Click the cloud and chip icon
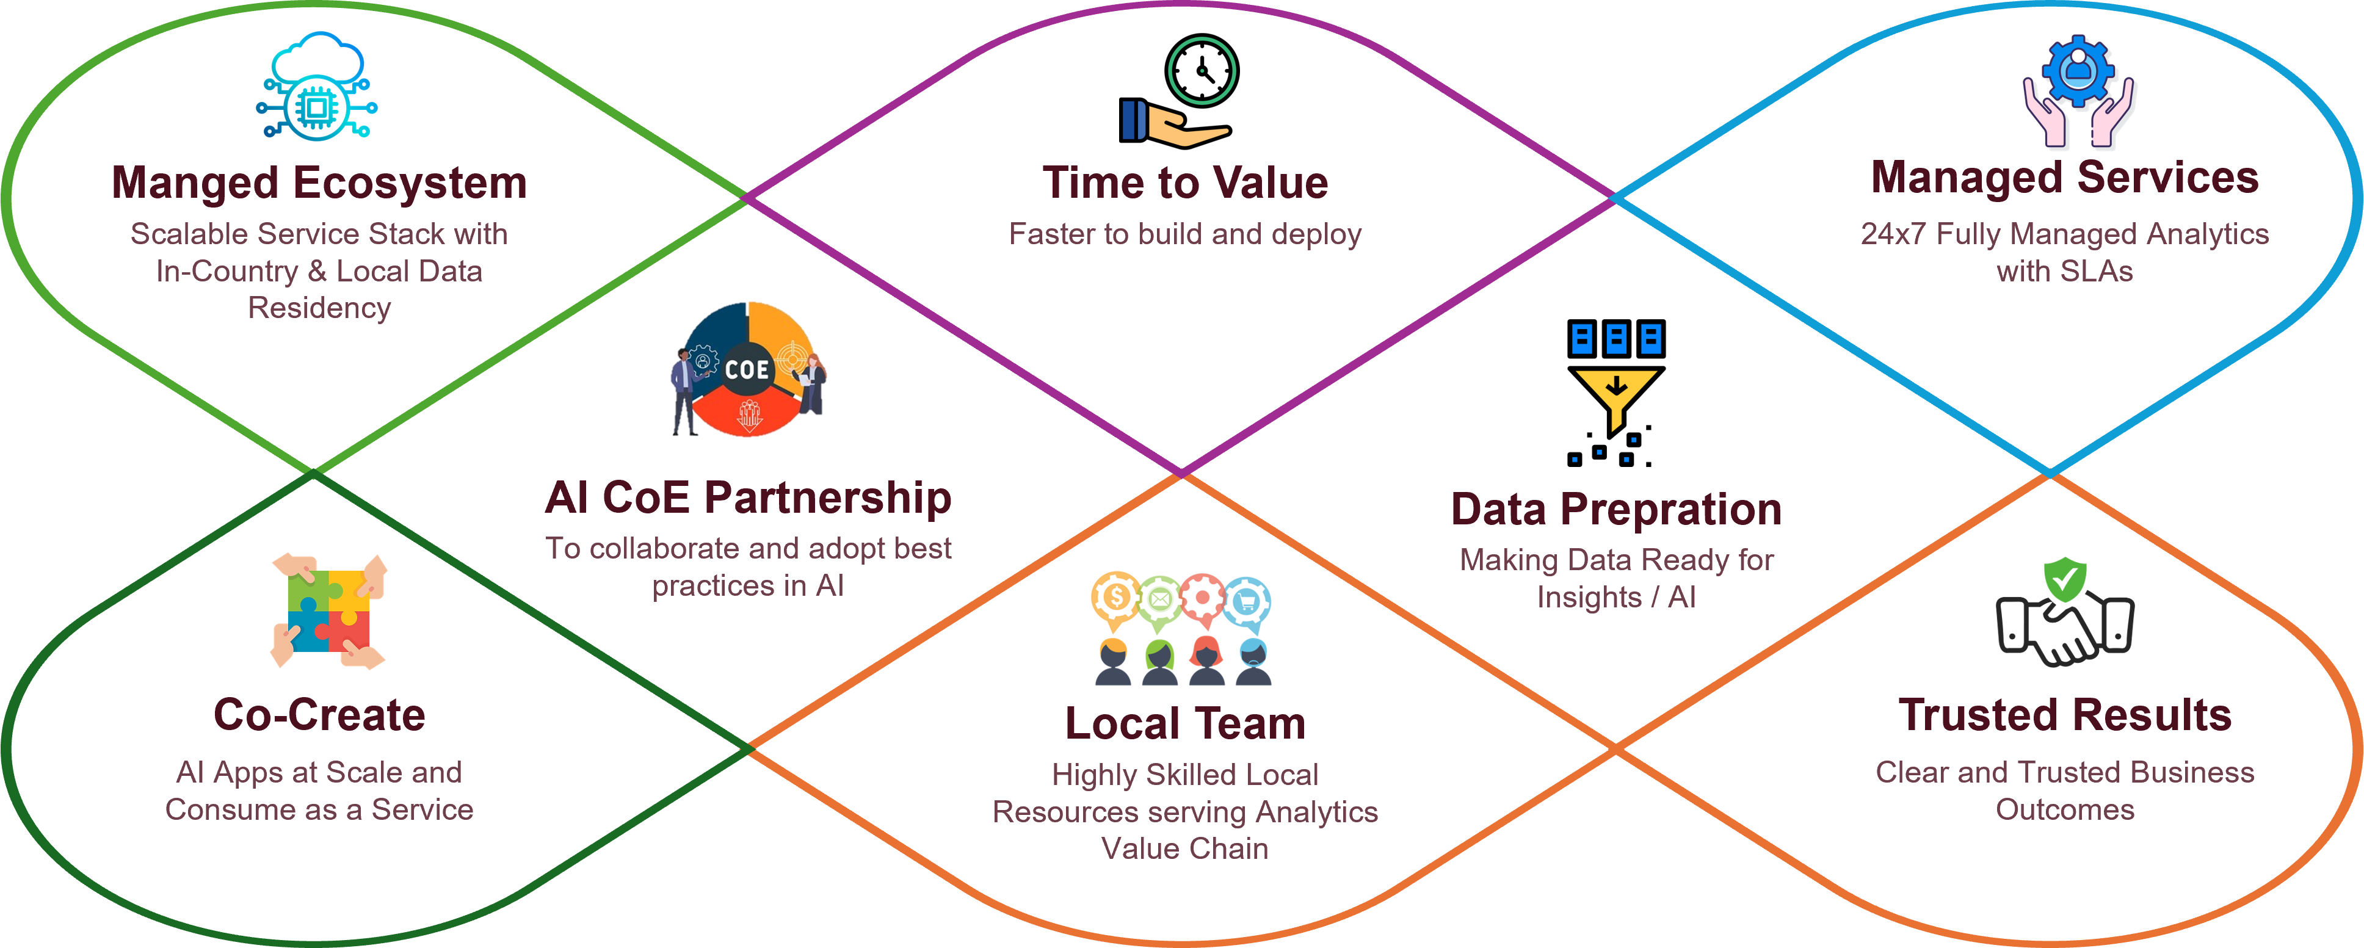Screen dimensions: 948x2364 coord(317,87)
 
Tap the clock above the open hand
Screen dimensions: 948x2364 coord(1202,71)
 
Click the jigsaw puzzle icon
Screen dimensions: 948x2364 coord(328,611)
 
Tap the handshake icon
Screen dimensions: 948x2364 coord(2065,629)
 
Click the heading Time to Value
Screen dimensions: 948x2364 coord(1185,183)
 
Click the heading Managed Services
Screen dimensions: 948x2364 coord(2064,177)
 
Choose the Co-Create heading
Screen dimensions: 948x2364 coord(319,715)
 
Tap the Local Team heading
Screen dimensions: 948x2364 coord(1185,723)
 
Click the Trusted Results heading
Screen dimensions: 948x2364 coord(2064,715)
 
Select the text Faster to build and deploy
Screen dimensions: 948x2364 coord(1185,234)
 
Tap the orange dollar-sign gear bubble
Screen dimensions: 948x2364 coord(1115,598)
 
